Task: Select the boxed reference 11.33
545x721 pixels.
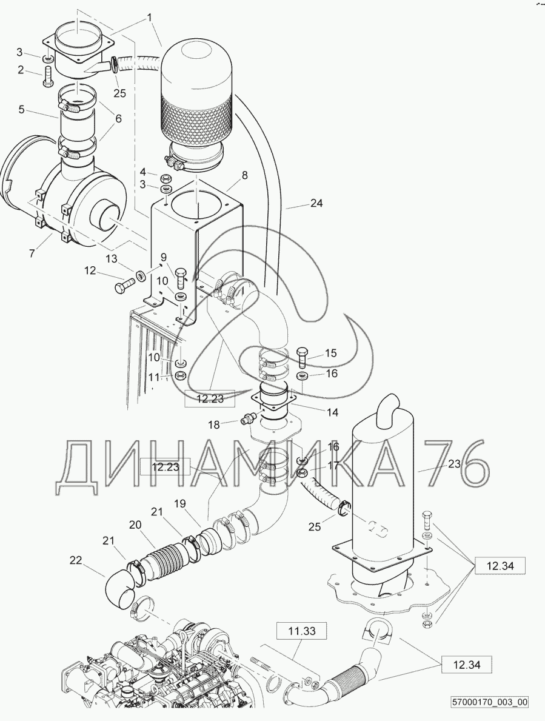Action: click(x=302, y=631)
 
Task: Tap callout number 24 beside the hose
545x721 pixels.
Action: click(x=316, y=203)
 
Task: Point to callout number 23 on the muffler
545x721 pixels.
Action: click(x=454, y=464)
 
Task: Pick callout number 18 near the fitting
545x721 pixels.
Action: click(x=214, y=424)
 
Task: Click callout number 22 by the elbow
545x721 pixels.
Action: click(x=76, y=560)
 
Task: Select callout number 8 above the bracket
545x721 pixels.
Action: click(x=244, y=175)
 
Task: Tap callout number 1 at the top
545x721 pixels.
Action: click(x=149, y=18)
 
